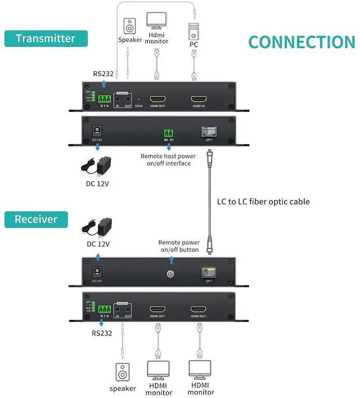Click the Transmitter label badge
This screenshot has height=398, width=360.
point(46,38)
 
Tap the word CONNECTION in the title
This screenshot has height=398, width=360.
point(301,42)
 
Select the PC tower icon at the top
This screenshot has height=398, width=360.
point(193,29)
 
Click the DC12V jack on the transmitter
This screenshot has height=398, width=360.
point(96,130)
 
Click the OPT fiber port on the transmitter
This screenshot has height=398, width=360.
point(209,131)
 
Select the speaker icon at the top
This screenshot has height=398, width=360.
point(130,26)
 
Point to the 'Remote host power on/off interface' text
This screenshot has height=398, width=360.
point(169,159)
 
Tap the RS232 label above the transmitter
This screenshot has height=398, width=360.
point(103,73)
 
